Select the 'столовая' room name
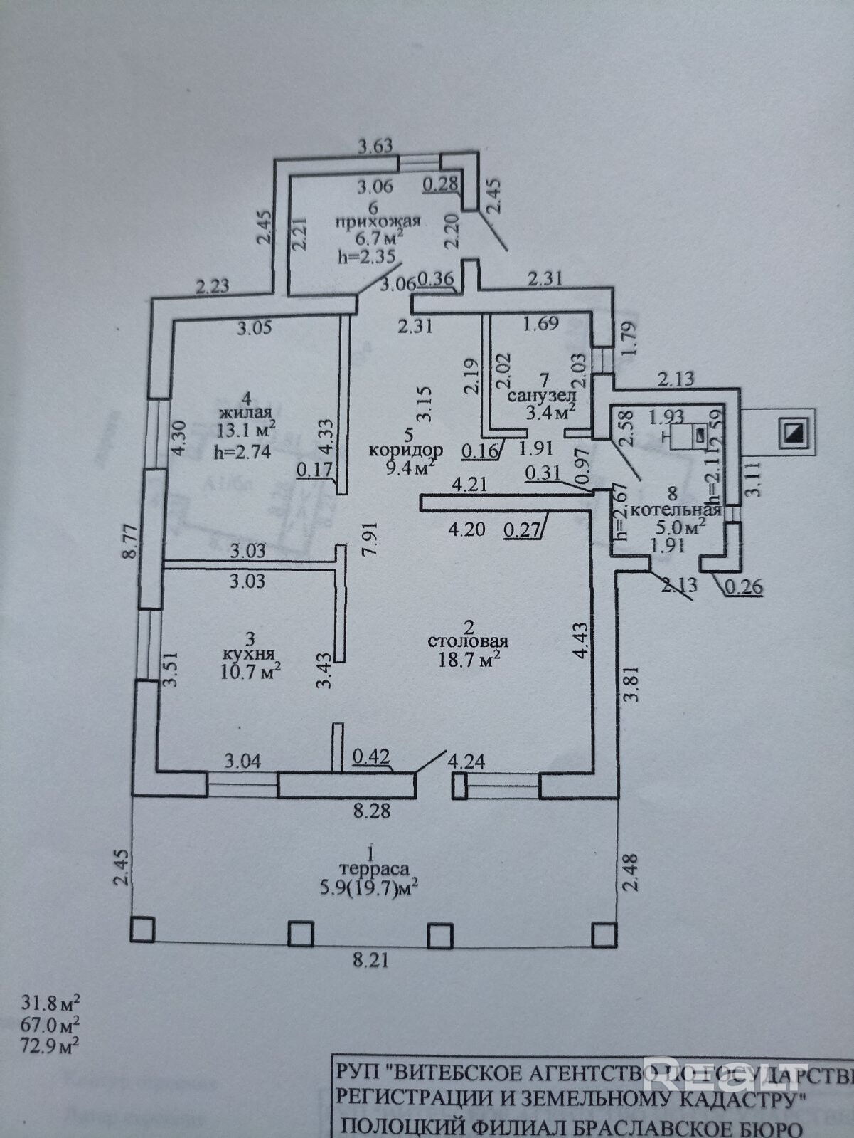(468, 642)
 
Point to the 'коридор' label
(406, 450)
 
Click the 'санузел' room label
(540, 396)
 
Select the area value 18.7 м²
(469, 660)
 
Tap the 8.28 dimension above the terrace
(372, 811)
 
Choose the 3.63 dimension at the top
(375, 147)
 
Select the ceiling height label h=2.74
(242, 450)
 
